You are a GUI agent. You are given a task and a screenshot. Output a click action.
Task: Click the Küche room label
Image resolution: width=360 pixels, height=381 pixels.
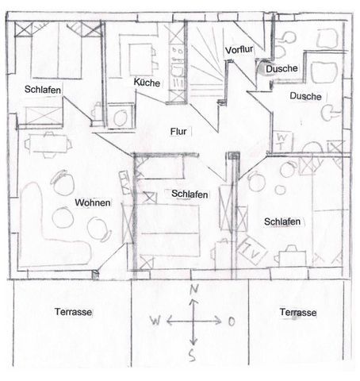(x=147, y=83)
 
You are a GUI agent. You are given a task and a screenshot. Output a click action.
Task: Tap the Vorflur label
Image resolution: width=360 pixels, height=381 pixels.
(x=239, y=50)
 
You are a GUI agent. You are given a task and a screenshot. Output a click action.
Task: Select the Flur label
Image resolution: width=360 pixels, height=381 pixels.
(x=178, y=132)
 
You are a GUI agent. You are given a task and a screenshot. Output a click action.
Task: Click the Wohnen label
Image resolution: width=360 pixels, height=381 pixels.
(x=93, y=202)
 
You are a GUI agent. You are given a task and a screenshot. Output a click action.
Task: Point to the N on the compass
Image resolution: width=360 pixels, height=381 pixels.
(x=194, y=289)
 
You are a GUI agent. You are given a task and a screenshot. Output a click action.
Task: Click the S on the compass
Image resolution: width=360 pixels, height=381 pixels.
(x=193, y=356)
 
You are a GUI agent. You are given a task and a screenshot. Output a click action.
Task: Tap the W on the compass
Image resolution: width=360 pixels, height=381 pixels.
(x=155, y=321)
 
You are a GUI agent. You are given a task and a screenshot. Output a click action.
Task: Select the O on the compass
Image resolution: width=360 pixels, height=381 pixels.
(x=232, y=321)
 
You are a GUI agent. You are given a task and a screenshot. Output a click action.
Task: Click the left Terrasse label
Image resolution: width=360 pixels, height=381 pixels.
(x=73, y=312)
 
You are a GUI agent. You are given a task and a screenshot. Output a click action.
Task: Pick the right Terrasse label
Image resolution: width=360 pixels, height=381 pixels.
(x=298, y=312)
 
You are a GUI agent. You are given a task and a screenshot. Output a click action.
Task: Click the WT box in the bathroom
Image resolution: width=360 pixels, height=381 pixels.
(x=282, y=141)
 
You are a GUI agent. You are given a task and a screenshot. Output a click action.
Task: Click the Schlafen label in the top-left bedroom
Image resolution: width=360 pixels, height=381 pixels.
(x=43, y=90)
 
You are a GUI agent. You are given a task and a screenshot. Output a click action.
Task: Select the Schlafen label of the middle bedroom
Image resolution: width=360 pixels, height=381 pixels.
(x=190, y=194)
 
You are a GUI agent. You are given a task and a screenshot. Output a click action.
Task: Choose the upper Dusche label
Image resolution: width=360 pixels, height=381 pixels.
(x=281, y=69)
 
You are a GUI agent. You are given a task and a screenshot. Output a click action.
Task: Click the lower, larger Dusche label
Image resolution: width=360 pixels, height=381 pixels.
(x=305, y=96)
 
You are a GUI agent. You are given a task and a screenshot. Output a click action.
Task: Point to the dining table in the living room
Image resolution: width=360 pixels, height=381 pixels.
(x=48, y=144)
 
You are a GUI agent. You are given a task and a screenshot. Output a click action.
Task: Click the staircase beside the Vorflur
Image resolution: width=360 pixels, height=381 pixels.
(x=206, y=60)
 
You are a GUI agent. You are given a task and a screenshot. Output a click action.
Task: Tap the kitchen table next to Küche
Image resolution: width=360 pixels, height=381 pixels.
(x=140, y=60)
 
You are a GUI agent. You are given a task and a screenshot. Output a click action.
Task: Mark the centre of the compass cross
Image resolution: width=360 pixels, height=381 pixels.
(x=193, y=321)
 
